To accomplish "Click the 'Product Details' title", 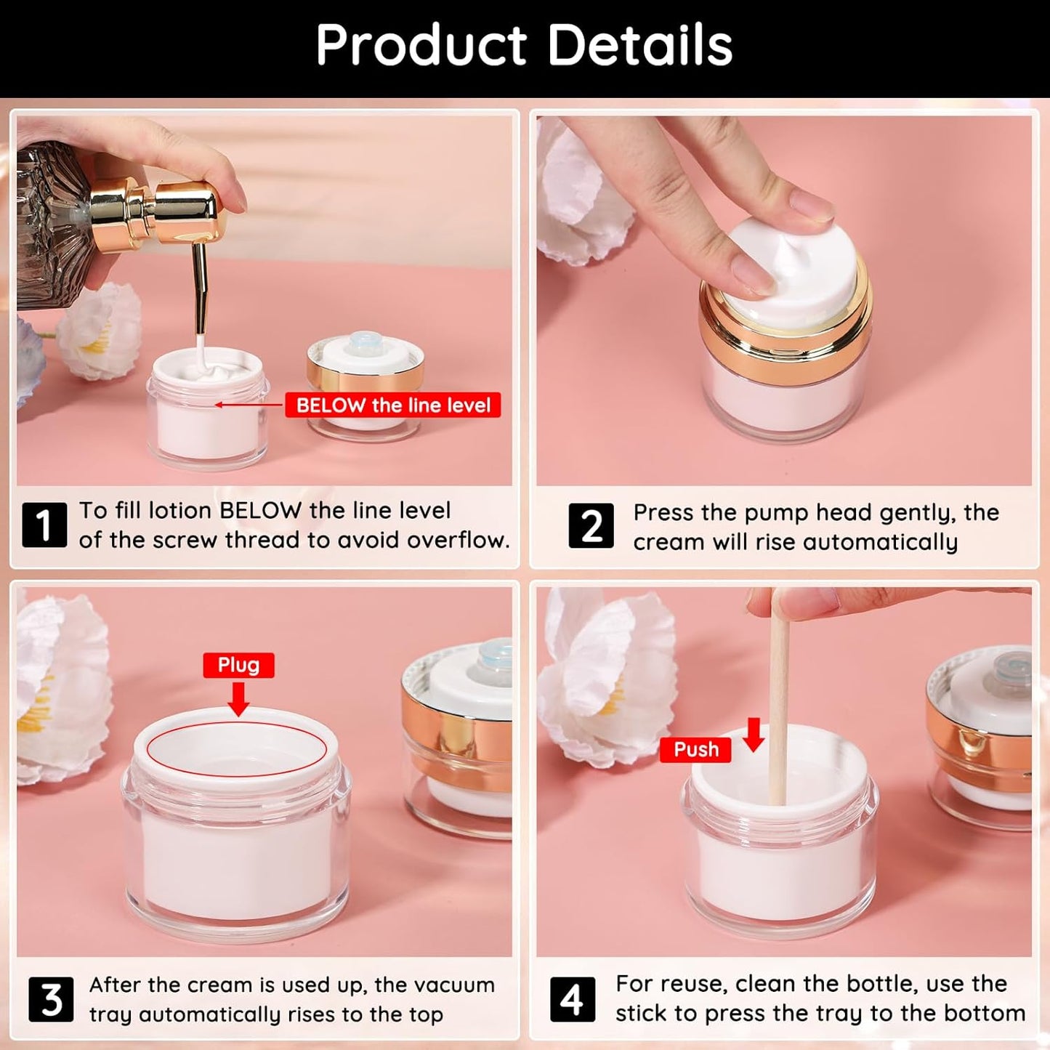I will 524,45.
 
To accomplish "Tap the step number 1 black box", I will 44,525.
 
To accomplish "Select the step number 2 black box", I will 591,525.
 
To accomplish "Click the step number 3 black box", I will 51,1000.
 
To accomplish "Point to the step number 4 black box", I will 572,1000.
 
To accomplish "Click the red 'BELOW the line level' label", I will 393,405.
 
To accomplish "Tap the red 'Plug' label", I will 238,665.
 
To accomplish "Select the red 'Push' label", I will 695,749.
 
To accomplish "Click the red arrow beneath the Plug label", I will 238,698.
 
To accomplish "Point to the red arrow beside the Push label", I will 754,735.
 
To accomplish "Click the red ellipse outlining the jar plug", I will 237,749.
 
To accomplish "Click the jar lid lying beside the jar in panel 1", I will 365,385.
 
